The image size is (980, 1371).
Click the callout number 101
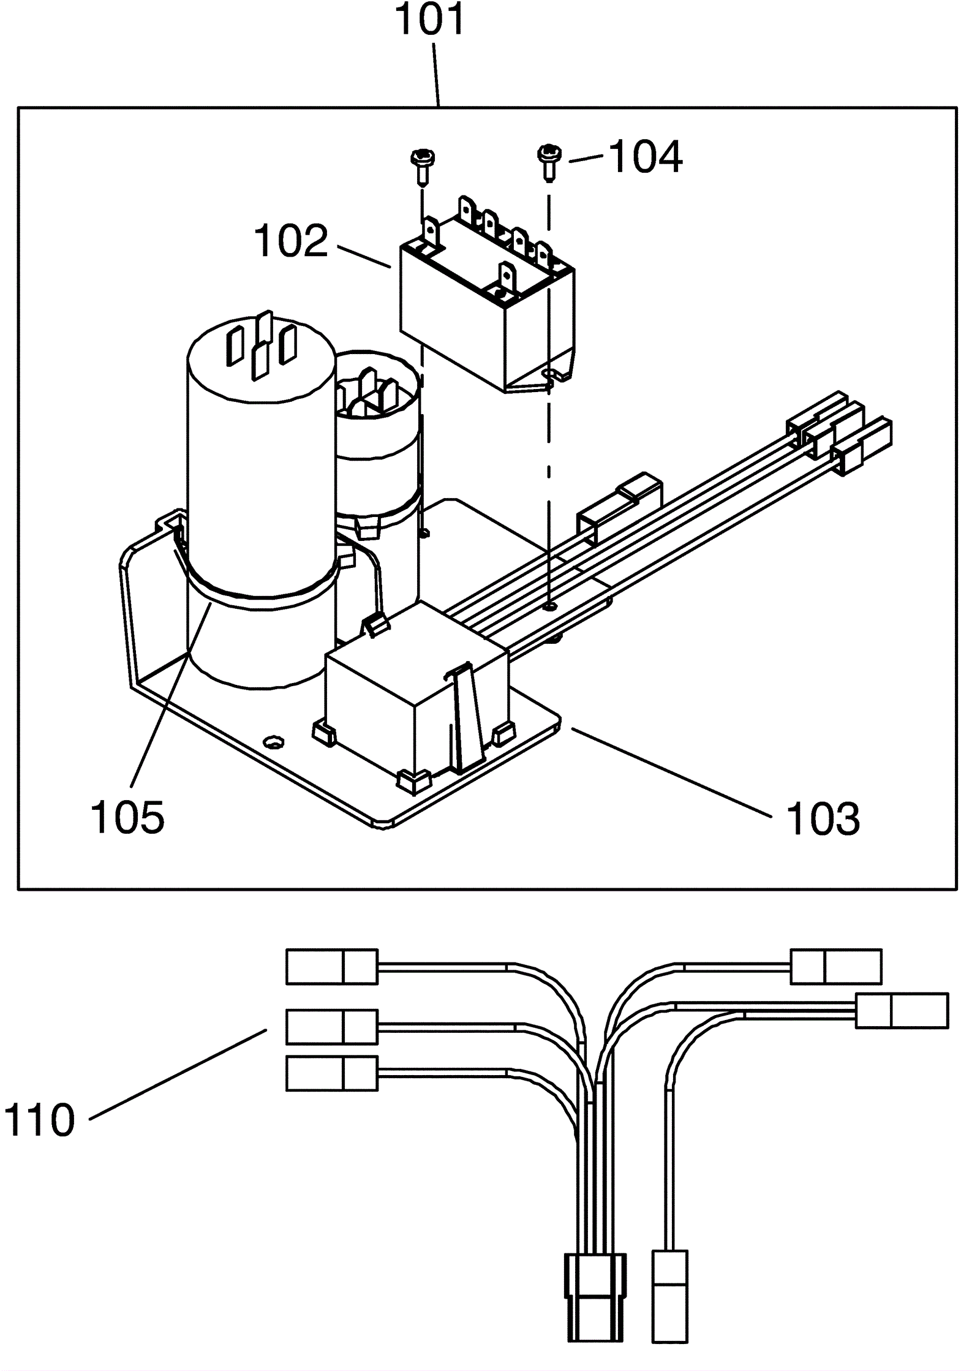pos(430,20)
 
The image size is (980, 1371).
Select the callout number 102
pos(291,241)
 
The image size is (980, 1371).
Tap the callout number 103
pos(823,819)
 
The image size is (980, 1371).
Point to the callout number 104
pos(646,157)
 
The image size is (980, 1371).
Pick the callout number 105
pos(128,817)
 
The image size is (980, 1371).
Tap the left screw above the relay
pos(421,166)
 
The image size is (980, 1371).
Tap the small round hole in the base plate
pos(273,742)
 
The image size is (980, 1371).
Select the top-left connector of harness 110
pos(332,967)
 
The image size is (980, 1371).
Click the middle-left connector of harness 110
pos(332,1027)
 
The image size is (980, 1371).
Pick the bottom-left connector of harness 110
pos(332,1073)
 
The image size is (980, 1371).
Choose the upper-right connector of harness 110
pos(836,967)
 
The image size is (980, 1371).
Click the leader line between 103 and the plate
pos(671,772)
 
